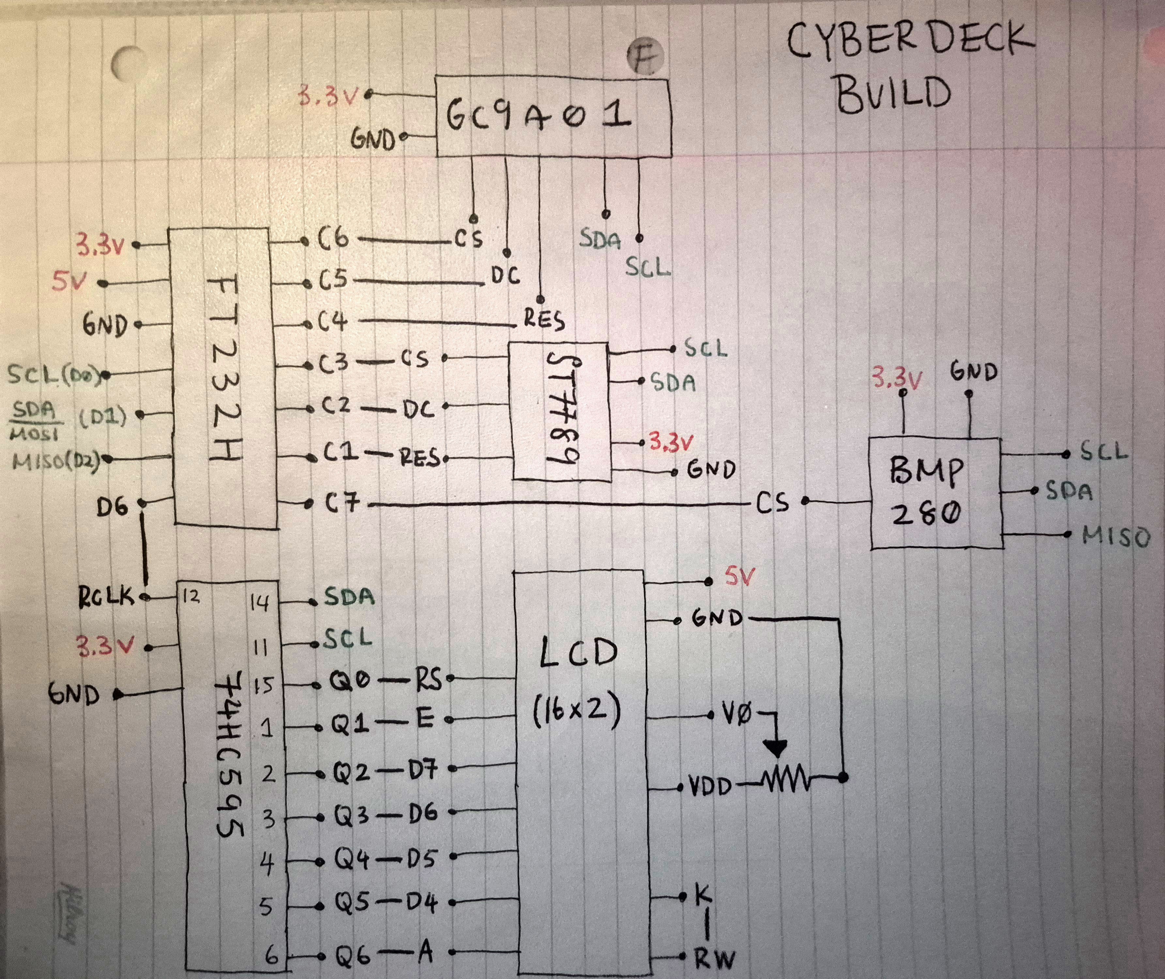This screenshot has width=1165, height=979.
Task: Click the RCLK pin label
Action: point(105,597)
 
